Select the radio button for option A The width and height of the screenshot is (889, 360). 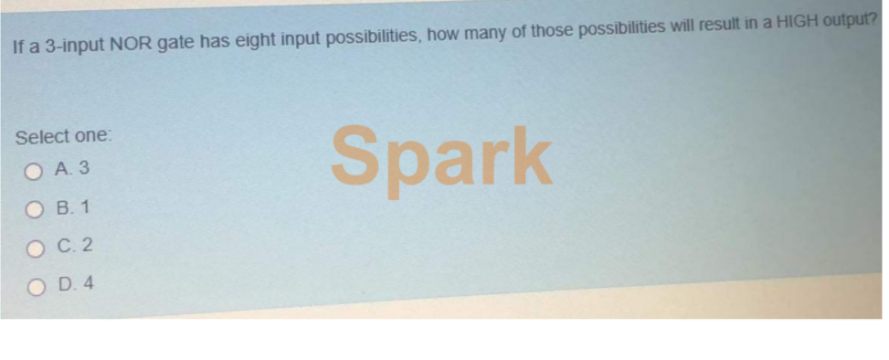click(x=34, y=172)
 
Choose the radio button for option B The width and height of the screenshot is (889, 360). click(x=35, y=211)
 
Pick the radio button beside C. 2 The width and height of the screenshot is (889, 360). click(x=35, y=249)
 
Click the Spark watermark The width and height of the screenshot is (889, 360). click(x=441, y=158)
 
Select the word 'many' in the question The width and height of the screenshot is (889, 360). click(x=488, y=35)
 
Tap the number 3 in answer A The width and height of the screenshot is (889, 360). click(x=83, y=168)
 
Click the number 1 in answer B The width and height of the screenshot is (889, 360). click(x=85, y=207)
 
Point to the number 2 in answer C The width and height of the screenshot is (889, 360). click(x=86, y=246)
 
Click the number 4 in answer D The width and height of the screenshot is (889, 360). click(x=88, y=283)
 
